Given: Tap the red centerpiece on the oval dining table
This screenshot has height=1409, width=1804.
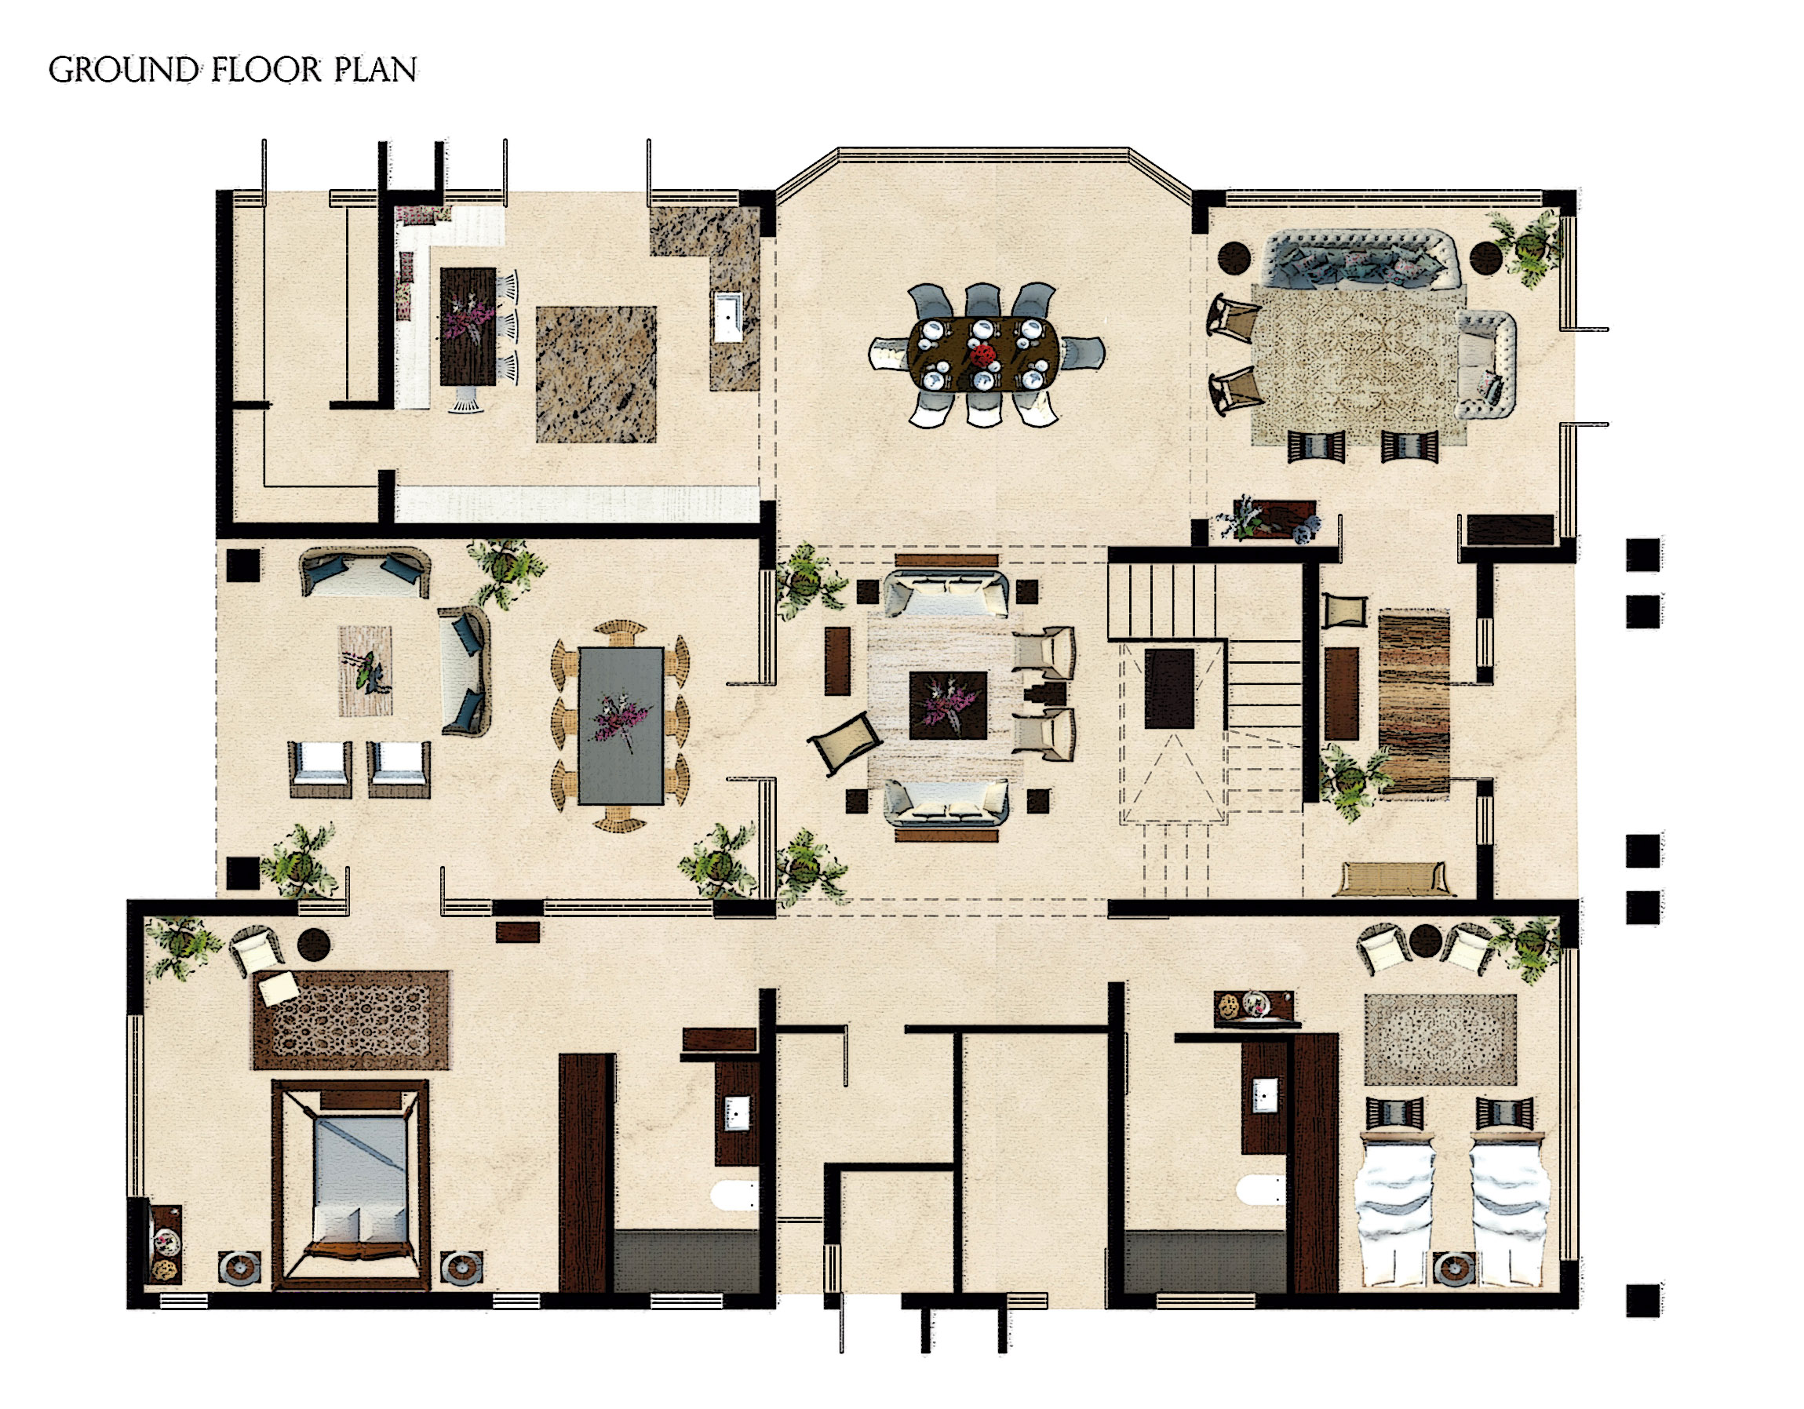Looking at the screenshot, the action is (983, 356).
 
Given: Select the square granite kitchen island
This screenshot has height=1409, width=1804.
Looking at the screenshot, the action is (596, 374).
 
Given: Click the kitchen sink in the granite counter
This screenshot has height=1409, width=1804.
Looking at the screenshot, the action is (727, 316).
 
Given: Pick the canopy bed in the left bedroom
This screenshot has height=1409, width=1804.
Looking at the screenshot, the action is (350, 1185).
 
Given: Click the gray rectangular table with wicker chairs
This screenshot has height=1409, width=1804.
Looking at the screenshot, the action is (621, 725).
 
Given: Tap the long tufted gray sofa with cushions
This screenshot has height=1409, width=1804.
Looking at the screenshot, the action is (1361, 259).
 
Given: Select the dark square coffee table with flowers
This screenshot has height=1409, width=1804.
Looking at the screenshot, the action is (948, 705).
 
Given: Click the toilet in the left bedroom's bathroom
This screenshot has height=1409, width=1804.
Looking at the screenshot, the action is (734, 1195).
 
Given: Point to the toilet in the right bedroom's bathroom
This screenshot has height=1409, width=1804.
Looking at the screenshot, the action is (1260, 1190).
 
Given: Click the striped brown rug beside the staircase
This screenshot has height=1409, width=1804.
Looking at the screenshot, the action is (1414, 703).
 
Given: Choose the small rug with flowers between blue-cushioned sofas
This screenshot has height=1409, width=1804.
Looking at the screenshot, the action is (365, 671).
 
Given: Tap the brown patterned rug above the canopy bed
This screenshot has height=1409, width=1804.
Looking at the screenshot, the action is (351, 1020).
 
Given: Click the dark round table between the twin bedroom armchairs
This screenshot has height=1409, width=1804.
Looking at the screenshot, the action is (1425, 940).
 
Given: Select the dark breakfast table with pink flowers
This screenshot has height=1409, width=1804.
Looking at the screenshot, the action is (468, 326).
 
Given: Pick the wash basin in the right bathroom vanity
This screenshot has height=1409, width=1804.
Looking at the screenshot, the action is (1265, 1095).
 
